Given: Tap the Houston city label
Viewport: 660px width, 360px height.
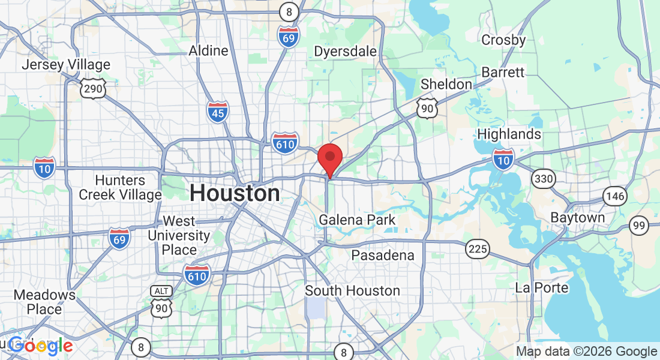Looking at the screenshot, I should tap(235, 194).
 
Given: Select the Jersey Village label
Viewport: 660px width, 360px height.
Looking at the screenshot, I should tap(66, 65).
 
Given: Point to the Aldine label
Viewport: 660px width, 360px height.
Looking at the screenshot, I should tap(209, 51).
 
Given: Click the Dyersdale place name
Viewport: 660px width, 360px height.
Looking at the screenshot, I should tap(346, 52).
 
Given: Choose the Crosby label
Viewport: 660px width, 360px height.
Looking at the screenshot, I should tap(504, 40).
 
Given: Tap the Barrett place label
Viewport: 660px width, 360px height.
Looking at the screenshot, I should tap(503, 73).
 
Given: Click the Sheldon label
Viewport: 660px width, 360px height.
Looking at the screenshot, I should tap(446, 85).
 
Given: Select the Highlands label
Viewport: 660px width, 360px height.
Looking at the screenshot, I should tap(510, 134).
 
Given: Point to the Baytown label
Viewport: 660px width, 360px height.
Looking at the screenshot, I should tap(578, 218).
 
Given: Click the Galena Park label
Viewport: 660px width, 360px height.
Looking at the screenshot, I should tap(357, 220).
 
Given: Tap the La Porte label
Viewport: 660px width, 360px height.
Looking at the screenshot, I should tap(542, 288).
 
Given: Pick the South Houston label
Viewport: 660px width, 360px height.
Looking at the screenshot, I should tap(352, 291).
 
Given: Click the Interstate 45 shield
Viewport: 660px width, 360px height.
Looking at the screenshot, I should tap(218, 112).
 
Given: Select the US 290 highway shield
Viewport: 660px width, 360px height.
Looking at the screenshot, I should tap(92, 88).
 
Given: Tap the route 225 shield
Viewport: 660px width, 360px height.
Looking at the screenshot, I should tap(478, 248).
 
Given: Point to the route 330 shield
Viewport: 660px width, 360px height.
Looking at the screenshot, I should tap(543, 178).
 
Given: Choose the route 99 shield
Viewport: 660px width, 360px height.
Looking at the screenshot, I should tap(640, 226).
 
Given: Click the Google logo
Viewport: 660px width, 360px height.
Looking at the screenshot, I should tap(40, 346).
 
